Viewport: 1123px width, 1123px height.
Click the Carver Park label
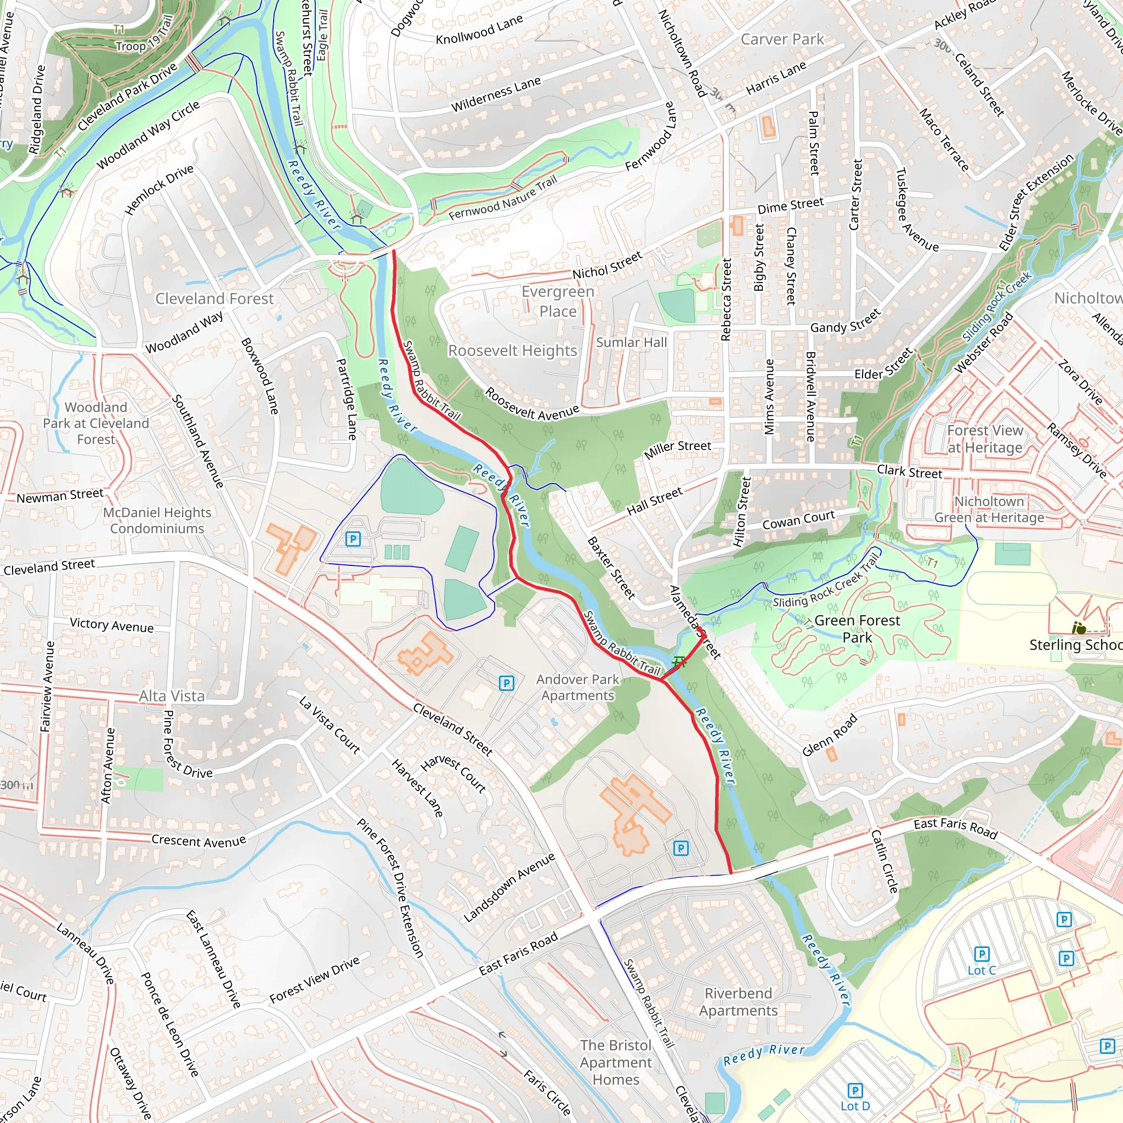(782, 39)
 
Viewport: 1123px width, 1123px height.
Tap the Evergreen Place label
(558, 301)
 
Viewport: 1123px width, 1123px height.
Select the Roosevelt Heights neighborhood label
(512, 350)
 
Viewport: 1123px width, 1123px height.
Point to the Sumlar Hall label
(631, 342)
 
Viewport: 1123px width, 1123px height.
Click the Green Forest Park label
(857, 628)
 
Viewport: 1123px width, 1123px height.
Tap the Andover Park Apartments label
(577, 687)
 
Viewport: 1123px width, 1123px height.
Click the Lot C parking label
(981, 970)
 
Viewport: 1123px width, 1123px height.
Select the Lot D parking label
(854, 1106)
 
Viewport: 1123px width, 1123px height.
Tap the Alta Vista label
(172, 696)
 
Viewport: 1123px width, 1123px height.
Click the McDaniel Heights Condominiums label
(157, 520)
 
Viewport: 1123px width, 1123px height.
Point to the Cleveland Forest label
(214, 299)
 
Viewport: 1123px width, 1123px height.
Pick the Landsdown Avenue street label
(509, 887)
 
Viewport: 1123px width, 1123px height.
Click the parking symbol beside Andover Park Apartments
(506, 684)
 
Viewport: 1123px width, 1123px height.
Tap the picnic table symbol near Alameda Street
(678, 661)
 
